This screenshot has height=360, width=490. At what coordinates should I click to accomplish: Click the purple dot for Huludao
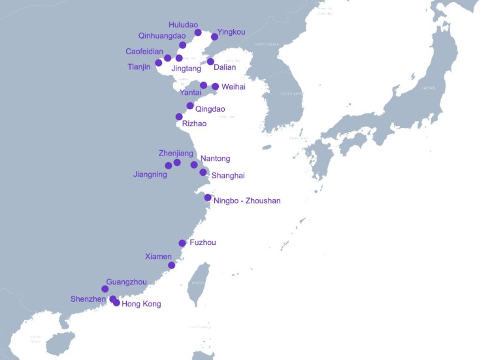click(x=198, y=33)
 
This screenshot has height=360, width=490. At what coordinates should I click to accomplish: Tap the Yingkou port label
click(x=231, y=31)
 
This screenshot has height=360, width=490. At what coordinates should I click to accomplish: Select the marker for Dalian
click(x=210, y=61)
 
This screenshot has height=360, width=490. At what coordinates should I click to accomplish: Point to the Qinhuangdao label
click(x=162, y=36)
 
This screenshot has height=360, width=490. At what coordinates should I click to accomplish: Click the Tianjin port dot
click(x=158, y=63)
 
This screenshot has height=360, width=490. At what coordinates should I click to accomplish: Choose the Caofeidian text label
click(x=144, y=51)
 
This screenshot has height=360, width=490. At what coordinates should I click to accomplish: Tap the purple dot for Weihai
click(x=215, y=86)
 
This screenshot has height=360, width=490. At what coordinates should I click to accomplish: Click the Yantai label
click(x=189, y=93)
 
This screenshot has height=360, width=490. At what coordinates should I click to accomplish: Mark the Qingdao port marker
click(x=190, y=106)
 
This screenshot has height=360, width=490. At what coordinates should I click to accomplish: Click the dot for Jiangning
click(x=169, y=165)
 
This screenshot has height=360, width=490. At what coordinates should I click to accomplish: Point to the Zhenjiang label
click(x=176, y=153)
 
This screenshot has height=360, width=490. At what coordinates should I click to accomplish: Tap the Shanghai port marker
click(x=203, y=172)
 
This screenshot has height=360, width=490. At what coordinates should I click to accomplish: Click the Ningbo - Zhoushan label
click(x=247, y=201)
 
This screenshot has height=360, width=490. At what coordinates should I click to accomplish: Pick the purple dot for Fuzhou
click(x=182, y=243)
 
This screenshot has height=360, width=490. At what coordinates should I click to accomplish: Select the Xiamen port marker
click(x=172, y=265)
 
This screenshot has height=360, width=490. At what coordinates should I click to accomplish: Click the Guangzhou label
click(x=126, y=282)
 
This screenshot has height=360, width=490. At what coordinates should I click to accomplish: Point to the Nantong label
click(x=215, y=158)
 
